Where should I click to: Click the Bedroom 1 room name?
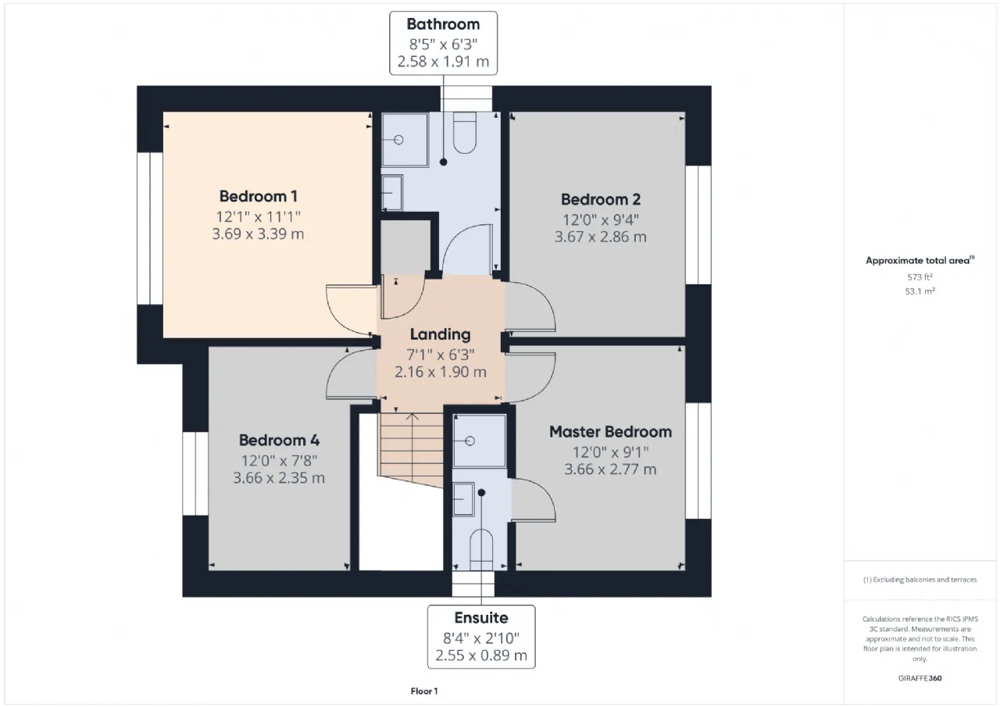258,196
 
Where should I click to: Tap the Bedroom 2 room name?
601,199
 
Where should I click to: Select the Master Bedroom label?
610,431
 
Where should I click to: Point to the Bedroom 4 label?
279,440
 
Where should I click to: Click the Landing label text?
440,334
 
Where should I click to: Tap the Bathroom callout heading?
443,24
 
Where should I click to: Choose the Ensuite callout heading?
481,618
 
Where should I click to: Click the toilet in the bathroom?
464,133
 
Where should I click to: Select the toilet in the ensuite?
481,550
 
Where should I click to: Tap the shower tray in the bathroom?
405,140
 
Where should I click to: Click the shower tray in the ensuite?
480,441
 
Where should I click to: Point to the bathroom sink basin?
392,193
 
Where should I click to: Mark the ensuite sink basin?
463,499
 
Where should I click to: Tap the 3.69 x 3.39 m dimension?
258,234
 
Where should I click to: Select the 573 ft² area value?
920,277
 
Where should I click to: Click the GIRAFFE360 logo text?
920,678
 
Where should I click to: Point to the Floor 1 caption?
424,691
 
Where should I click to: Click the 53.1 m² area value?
920,291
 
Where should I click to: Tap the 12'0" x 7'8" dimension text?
279,461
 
